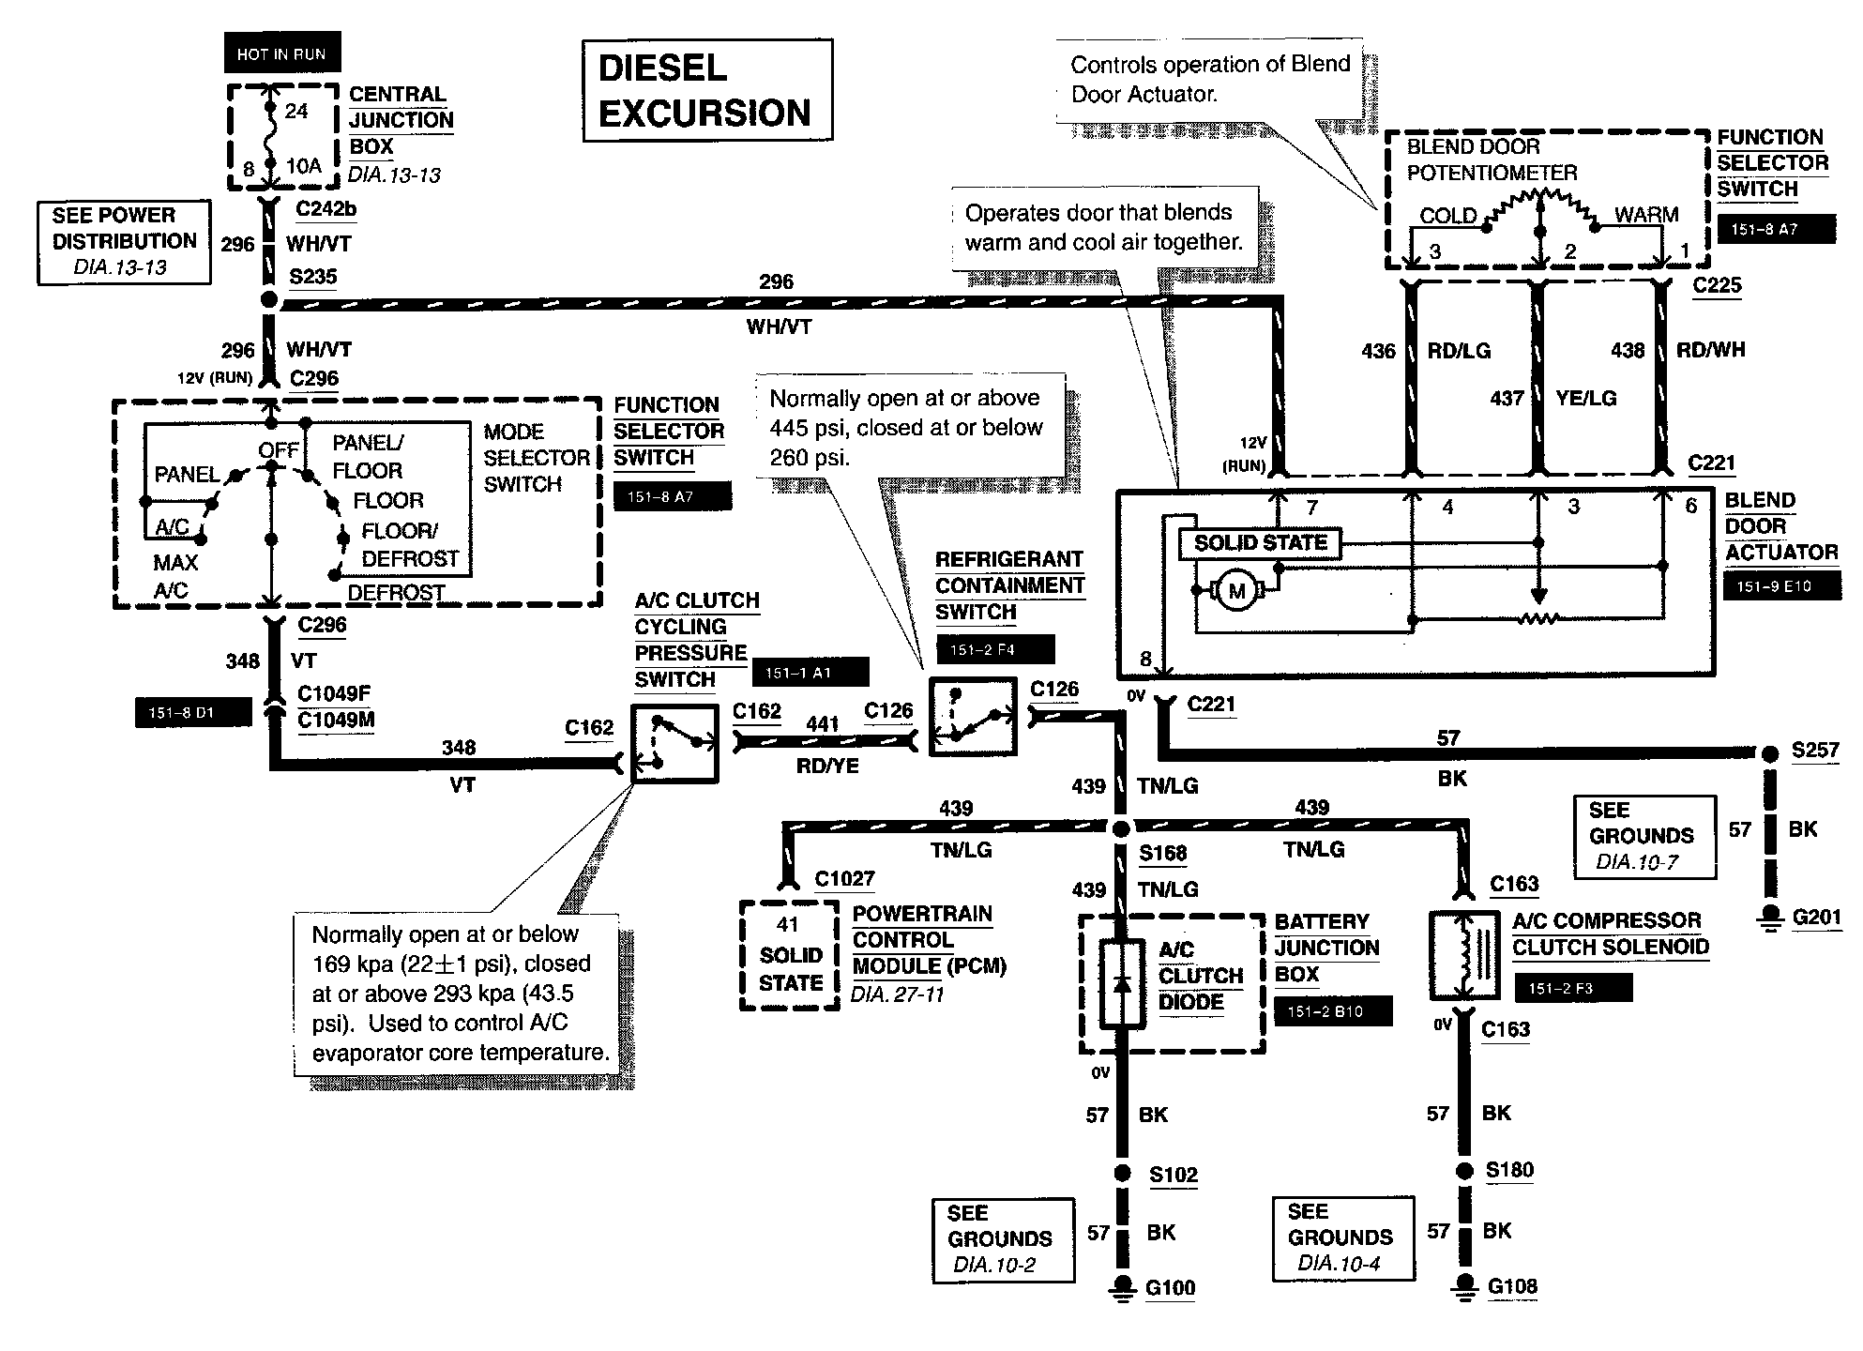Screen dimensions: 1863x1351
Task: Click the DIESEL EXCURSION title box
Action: point(707,91)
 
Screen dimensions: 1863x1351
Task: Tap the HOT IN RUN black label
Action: point(281,53)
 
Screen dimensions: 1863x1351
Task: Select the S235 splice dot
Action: point(269,301)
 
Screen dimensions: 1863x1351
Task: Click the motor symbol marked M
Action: point(1236,591)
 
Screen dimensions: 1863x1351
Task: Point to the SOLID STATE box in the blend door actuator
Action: point(1260,543)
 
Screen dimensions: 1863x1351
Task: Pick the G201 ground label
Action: point(1816,917)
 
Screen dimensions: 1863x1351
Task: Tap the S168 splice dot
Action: point(1122,829)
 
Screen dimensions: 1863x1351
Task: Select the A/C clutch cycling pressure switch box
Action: point(674,743)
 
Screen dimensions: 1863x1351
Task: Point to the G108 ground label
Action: point(1512,1286)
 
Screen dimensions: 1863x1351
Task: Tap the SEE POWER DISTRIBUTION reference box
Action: point(124,242)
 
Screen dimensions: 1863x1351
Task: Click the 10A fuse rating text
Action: point(304,167)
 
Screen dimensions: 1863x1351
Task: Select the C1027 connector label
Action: point(844,879)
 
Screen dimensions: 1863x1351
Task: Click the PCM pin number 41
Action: point(788,925)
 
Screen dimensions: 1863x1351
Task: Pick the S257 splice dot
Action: point(1769,753)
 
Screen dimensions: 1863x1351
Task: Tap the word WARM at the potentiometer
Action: point(1646,215)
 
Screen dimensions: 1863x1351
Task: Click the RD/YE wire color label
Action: point(827,767)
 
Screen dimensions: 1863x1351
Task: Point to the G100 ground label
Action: point(1171,1288)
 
